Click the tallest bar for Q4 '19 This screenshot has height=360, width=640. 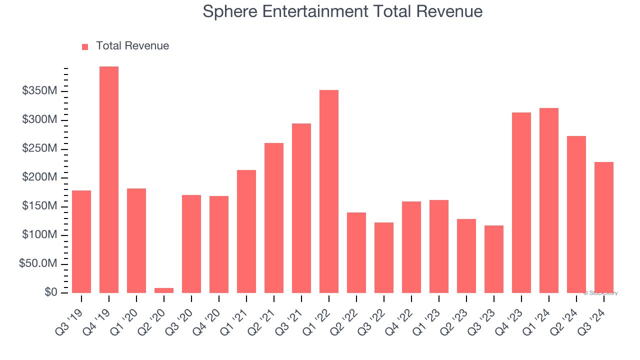tap(109, 179)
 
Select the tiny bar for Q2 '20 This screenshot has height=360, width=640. tap(164, 290)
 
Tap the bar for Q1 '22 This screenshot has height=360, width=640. tap(329, 191)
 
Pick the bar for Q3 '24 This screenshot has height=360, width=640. tap(604, 227)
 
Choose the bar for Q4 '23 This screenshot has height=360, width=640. tap(521, 202)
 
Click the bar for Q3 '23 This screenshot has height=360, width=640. tap(494, 259)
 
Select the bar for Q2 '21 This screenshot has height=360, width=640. tap(274, 218)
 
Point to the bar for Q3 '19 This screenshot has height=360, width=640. tap(81, 241)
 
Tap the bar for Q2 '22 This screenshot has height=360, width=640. tap(356, 252)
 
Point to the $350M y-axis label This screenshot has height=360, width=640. tap(39, 91)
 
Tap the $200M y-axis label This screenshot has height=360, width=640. tap(39, 177)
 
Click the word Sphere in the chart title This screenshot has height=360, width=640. tap(230, 11)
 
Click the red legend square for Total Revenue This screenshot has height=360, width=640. tap(85, 46)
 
